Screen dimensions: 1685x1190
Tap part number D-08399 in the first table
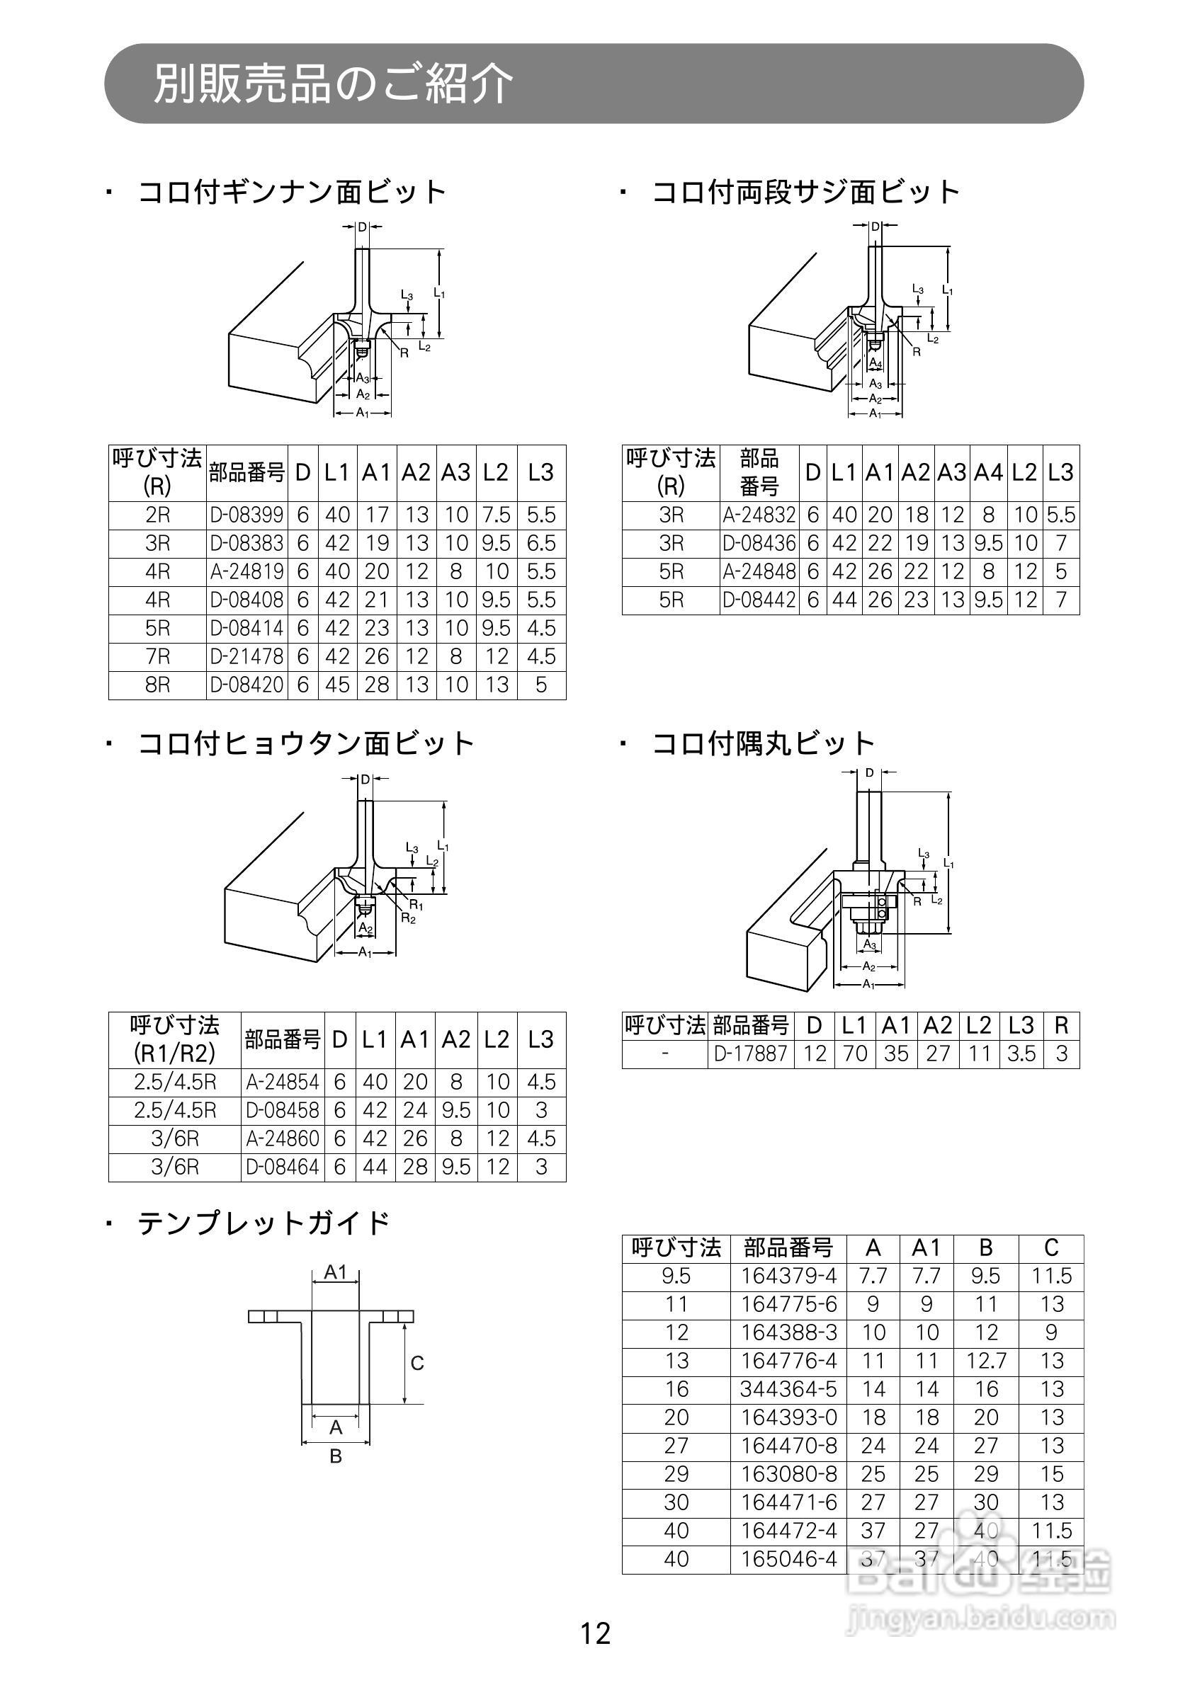pyautogui.click(x=246, y=515)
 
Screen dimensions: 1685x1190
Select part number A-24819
pyautogui.click(x=246, y=572)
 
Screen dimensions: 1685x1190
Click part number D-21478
pyautogui.click(x=246, y=657)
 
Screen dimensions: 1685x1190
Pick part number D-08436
pyautogui.click(x=759, y=544)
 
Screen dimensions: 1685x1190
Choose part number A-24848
pyautogui.click(x=759, y=572)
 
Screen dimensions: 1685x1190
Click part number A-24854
pyautogui.click(x=283, y=1083)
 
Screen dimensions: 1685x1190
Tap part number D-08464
pyautogui.click(x=283, y=1167)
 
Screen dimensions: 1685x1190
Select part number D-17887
pyautogui.click(x=750, y=1055)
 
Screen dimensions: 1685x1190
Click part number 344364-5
pyautogui.click(x=788, y=1389)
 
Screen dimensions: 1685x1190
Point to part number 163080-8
pyautogui.click(x=788, y=1474)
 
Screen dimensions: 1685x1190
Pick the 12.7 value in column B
pyautogui.click(x=986, y=1361)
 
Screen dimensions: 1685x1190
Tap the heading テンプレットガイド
pyautogui.click(x=263, y=1223)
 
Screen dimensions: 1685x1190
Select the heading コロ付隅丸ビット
pyautogui.click(x=764, y=743)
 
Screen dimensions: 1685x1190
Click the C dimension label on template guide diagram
pyautogui.click(x=417, y=1364)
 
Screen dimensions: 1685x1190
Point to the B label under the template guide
pyautogui.click(x=336, y=1456)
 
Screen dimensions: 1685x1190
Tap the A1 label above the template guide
pyautogui.click(x=336, y=1272)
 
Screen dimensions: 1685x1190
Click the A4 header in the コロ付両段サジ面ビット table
pyautogui.click(x=988, y=474)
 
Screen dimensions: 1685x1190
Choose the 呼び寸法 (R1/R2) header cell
pyautogui.click(x=175, y=1040)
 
